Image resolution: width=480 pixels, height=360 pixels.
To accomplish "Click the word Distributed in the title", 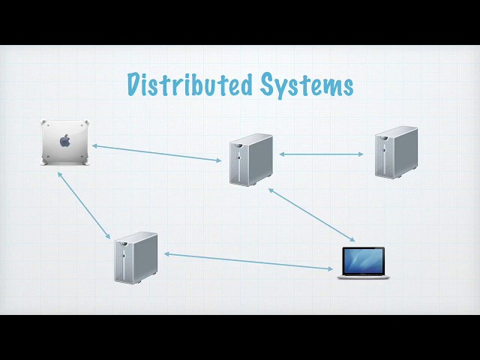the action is pyautogui.click(x=190, y=85).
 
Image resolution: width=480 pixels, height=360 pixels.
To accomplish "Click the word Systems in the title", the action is pyautogui.click(x=307, y=85).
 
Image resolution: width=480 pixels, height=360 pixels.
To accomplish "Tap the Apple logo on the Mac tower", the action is pyautogui.click(x=65, y=141).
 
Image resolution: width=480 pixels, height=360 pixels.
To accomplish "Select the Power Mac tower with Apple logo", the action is pyautogui.click(x=65, y=142).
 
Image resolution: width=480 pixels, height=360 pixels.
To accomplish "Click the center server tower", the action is pyautogui.click(x=251, y=160).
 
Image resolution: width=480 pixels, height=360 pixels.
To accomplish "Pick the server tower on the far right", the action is pyautogui.click(x=397, y=152).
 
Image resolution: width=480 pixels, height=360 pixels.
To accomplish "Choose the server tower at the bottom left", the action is pyautogui.click(x=136, y=258).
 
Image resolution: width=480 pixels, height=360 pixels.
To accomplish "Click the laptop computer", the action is pyautogui.click(x=363, y=263).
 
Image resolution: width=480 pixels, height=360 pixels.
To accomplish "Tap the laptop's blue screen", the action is pyautogui.click(x=363, y=261).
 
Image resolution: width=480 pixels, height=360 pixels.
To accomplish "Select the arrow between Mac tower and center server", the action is pyautogui.click(x=157, y=153).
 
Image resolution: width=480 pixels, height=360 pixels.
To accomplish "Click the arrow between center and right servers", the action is pyautogui.click(x=321, y=154).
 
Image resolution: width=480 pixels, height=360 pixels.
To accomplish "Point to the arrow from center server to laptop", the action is pyautogui.click(x=312, y=215).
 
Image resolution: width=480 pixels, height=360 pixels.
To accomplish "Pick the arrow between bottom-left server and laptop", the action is pyautogui.click(x=248, y=262).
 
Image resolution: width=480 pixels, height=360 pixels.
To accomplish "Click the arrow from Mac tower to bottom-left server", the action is pyautogui.click(x=84, y=205).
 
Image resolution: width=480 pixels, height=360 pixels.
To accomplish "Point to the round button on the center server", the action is pyautogui.click(x=238, y=158).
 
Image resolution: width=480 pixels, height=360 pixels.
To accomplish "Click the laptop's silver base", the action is pyautogui.click(x=363, y=277).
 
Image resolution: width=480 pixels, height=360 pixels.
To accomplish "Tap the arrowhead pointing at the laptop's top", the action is pyautogui.click(x=352, y=239).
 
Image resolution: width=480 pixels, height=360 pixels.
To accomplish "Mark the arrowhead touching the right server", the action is pyautogui.click(x=361, y=154).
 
